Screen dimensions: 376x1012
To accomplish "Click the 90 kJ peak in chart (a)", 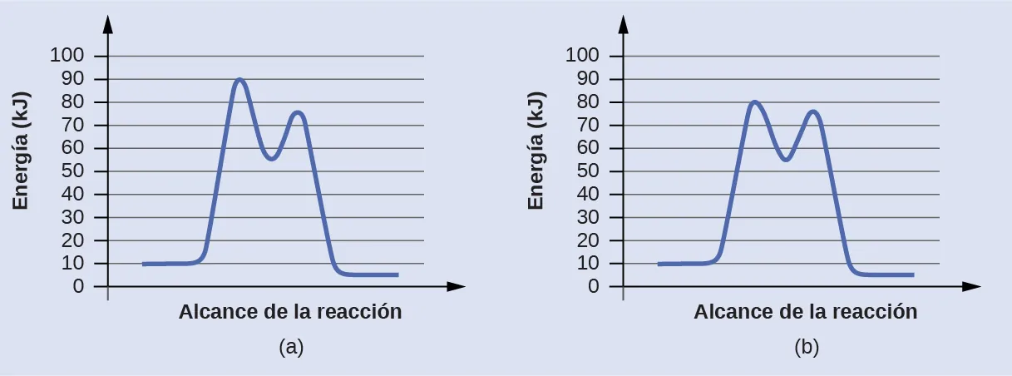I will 239,80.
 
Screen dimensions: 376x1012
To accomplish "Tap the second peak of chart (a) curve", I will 297,112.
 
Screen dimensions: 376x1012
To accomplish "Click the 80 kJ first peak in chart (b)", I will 754,102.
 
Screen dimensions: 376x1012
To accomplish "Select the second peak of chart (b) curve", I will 813,111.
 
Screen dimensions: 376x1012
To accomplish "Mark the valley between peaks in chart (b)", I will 786,158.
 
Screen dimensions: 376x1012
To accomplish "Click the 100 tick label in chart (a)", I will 67,57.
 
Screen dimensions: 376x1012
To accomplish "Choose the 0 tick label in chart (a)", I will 78,287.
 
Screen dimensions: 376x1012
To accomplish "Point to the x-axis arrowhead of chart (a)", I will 456,287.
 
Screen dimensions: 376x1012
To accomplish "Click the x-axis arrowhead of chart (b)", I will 971,287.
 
